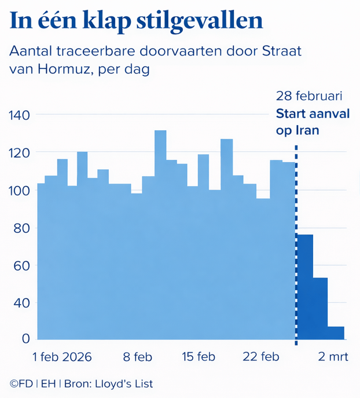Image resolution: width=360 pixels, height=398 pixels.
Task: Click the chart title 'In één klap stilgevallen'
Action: pos(136,21)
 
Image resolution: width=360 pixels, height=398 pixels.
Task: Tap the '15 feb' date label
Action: pos(197,357)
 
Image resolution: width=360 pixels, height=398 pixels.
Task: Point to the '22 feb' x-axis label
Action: pos(260,357)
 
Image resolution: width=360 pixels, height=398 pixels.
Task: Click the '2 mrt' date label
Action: pos(334,357)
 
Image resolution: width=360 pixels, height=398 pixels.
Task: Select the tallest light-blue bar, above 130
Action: pos(160,232)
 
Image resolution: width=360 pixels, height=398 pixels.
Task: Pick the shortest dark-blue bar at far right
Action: pos(336,333)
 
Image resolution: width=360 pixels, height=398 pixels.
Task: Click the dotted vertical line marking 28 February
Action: pos(296,243)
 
